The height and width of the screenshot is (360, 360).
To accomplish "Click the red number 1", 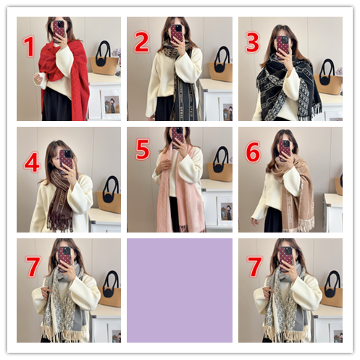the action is pyautogui.click(x=29, y=46).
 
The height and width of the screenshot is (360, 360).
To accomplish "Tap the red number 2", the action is pyautogui.click(x=141, y=42).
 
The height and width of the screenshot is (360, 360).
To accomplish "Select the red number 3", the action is pyautogui.click(x=253, y=43).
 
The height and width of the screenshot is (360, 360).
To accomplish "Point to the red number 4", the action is pyautogui.click(x=32, y=162).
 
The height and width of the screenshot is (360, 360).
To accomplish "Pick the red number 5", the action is pyautogui.click(x=143, y=149).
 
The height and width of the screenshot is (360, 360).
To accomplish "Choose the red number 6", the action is pyautogui.click(x=253, y=152).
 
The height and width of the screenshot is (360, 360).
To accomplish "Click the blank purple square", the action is pyautogui.click(x=180, y=290).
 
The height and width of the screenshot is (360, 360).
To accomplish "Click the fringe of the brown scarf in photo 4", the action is pyautogui.click(x=59, y=221).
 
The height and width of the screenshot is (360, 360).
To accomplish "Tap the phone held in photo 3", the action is pyautogui.click(x=282, y=46).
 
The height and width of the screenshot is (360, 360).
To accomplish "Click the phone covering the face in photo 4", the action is pyautogui.click(x=66, y=159).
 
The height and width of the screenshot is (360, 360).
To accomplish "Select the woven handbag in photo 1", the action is pyautogui.click(x=104, y=59).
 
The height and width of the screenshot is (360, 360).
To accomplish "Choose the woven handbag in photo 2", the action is pyautogui.click(x=220, y=65).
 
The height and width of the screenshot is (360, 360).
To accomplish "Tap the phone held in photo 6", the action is pyautogui.click(x=285, y=150).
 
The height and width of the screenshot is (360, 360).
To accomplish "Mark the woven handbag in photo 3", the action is pyautogui.click(x=328, y=78).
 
